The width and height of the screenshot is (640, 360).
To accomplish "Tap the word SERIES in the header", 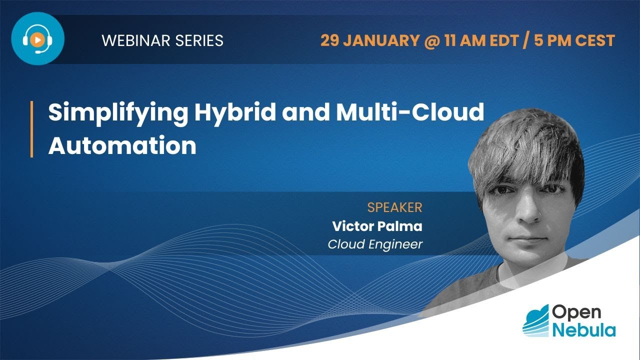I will point(199,40).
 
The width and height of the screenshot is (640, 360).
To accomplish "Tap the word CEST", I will point(594,40).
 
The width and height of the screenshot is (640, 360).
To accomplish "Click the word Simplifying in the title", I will point(117,113).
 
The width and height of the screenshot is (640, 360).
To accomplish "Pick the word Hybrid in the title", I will point(235,113).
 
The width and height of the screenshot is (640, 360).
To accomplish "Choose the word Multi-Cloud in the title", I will point(410,113).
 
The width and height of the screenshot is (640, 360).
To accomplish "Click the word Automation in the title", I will point(122,145).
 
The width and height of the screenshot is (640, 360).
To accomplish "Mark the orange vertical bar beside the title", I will point(31,129).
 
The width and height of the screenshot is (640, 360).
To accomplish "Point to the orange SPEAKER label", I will point(394,207).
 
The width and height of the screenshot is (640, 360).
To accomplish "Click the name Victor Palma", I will point(377,226).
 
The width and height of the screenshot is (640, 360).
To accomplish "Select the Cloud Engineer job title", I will point(375,244).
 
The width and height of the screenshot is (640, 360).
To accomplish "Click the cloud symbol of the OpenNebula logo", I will point(535,320).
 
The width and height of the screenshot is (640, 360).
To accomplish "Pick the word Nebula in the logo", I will point(583,329).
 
